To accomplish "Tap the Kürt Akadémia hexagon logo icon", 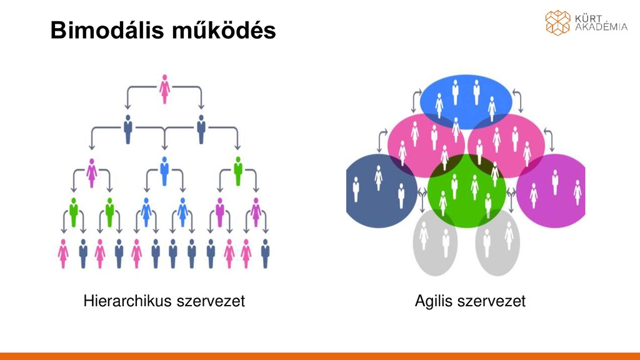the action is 557,22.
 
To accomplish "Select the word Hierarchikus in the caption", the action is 127,301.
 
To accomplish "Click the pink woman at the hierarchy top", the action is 164,89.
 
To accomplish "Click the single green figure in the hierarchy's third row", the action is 237,170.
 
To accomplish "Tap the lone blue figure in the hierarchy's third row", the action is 164,170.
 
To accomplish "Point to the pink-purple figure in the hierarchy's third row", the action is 92,172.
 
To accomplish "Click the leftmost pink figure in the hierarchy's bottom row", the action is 63,253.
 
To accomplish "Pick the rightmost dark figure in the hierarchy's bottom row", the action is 266,253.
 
